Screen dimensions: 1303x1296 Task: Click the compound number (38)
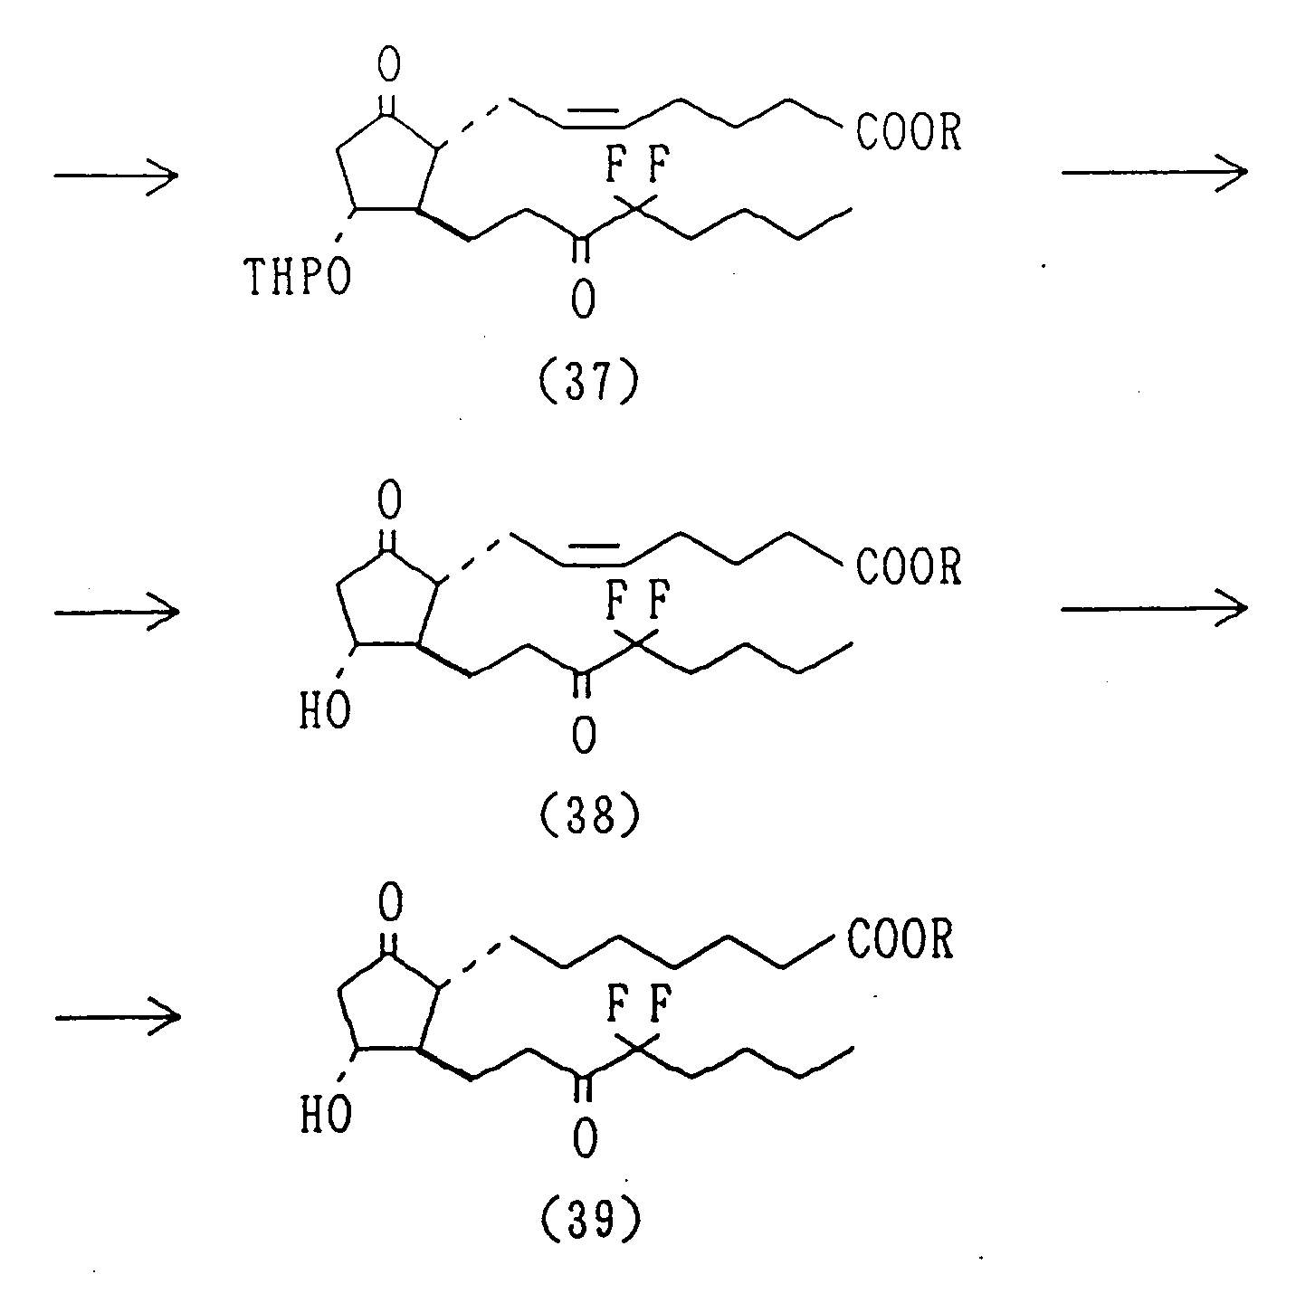pos(588,816)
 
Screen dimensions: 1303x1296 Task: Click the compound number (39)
pos(588,1222)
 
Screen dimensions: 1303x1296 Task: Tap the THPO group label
pos(299,280)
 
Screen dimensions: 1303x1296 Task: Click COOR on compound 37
pos(908,134)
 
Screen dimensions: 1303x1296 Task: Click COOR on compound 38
pos(908,567)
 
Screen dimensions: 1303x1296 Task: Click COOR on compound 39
pos(901,941)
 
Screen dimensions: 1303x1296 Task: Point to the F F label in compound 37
pos(637,168)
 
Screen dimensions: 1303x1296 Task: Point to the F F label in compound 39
pos(637,1005)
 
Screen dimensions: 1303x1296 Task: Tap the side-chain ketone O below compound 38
pos(584,735)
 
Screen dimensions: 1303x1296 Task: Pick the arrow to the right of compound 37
pos(1154,172)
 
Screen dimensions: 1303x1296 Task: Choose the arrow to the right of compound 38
pos(1154,608)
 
